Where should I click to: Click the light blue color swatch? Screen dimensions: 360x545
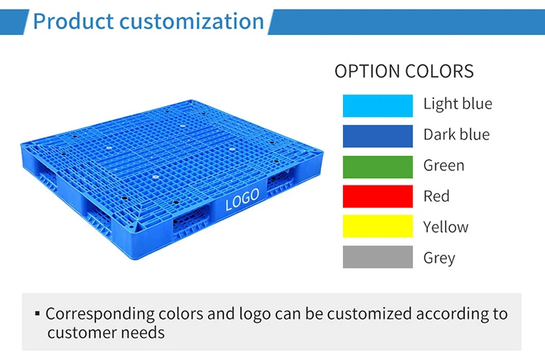(378, 105)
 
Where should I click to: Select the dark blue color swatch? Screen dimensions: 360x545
(378, 135)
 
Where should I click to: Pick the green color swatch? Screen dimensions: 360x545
(378, 166)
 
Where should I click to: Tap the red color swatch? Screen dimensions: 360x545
(378, 196)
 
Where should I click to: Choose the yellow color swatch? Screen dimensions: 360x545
(378, 227)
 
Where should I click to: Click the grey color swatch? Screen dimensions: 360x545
(378, 257)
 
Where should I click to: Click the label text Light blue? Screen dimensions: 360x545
(458, 104)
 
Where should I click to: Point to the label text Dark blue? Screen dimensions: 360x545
(456, 135)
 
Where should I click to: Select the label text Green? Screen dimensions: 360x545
(444, 166)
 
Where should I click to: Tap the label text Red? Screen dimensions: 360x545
(437, 196)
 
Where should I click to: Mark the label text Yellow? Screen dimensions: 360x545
(446, 228)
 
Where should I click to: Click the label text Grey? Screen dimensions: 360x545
(440, 258)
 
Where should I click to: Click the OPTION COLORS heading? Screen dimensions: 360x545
(404, 71)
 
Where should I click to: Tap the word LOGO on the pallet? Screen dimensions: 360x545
(242, 201)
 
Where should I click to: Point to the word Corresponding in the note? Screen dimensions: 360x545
(100, 314)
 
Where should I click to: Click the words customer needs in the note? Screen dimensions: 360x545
(106, 333)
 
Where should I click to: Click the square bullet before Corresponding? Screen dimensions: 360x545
(37, 314)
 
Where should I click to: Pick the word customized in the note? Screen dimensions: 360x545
(370, 314)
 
